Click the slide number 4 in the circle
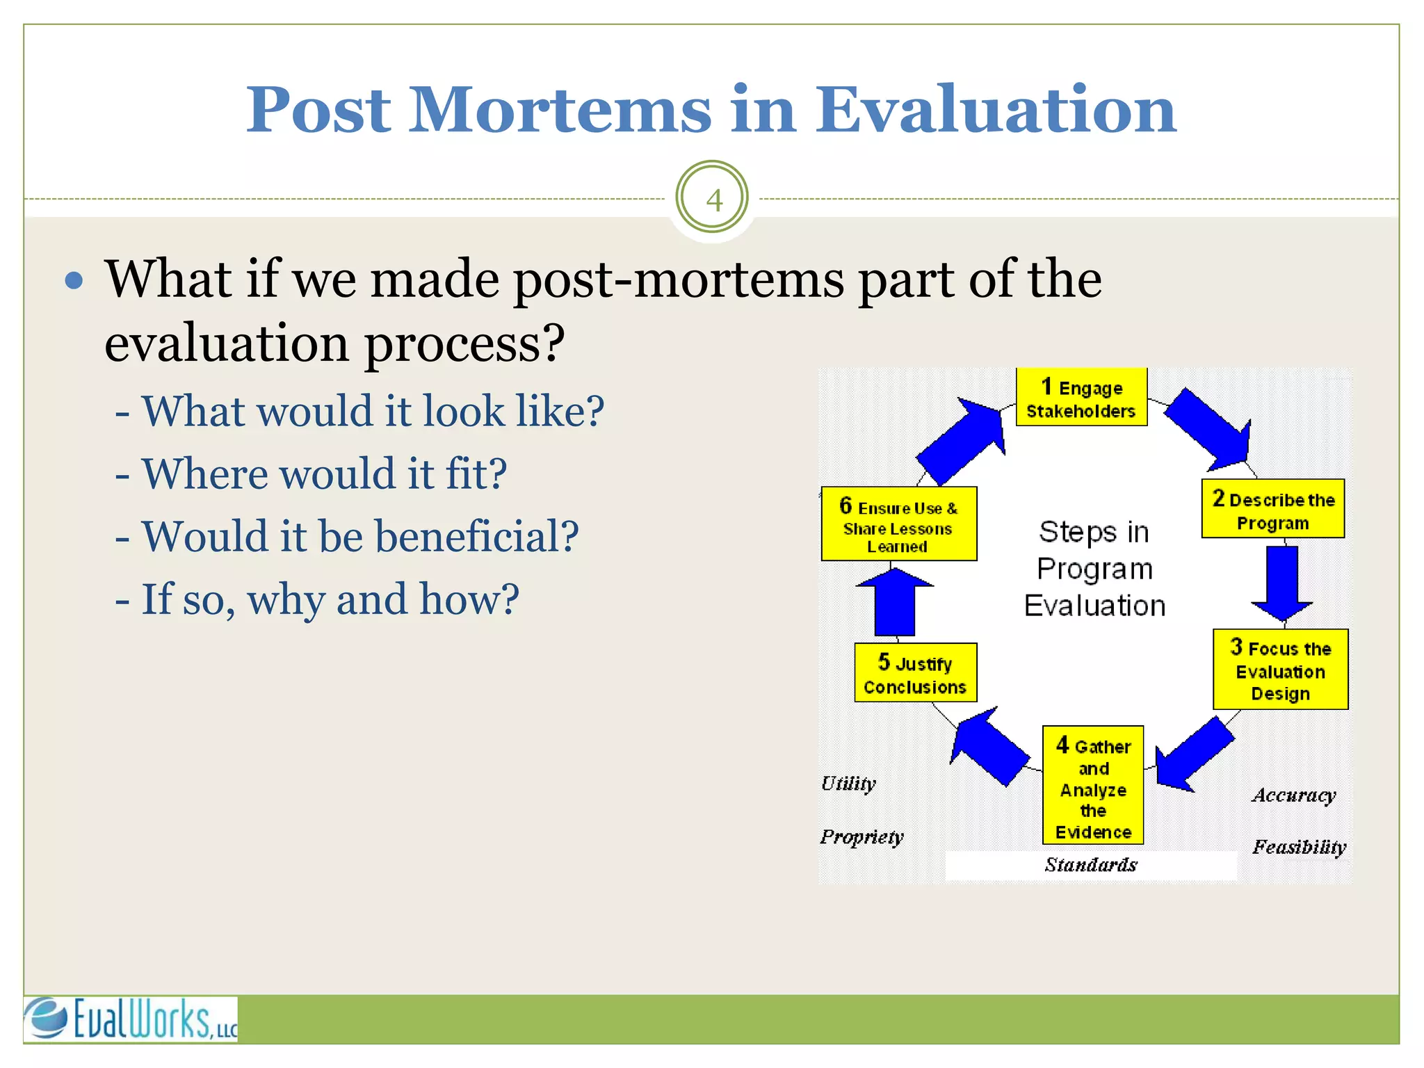pos(713,200)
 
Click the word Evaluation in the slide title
pos(996,109)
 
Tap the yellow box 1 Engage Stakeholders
pos(1081,398)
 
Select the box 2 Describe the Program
pos(1272,510)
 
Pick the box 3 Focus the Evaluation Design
pos(1280,670)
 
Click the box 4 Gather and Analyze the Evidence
pos(1092,786)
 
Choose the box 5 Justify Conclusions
pos(915,673)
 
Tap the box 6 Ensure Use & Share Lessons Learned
pos(898,525)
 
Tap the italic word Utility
pos(848,784)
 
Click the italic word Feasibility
pos(1299,847)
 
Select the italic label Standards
pos(1090,865)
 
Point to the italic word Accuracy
pos(1293,795)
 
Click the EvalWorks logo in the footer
pos(131,1019)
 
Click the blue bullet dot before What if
pos(74,281)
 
